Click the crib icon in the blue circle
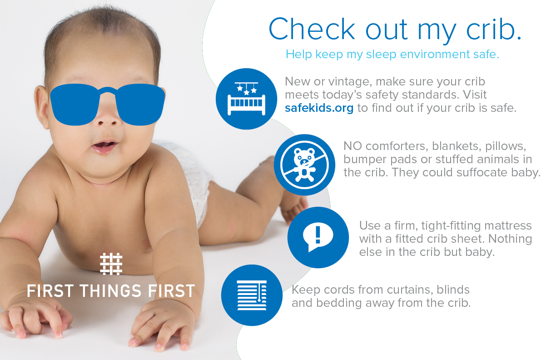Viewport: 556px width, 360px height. (247, 99)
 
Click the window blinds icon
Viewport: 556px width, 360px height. (252, 295)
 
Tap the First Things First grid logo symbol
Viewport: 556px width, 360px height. (111, 264)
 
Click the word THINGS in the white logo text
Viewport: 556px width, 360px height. (111, 291)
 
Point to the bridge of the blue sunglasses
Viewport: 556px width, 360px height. (107, 92)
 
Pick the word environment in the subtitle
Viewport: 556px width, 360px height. (420, 55)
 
